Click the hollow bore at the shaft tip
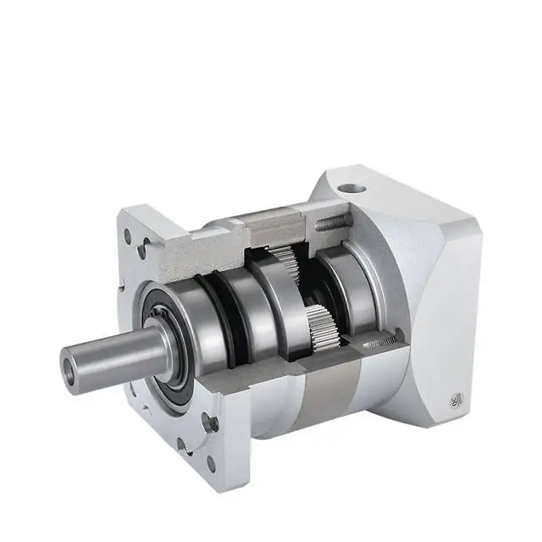(x=69, y=369)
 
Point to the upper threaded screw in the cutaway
(x=331, y=223)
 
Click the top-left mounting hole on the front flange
(x=128, y=239)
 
